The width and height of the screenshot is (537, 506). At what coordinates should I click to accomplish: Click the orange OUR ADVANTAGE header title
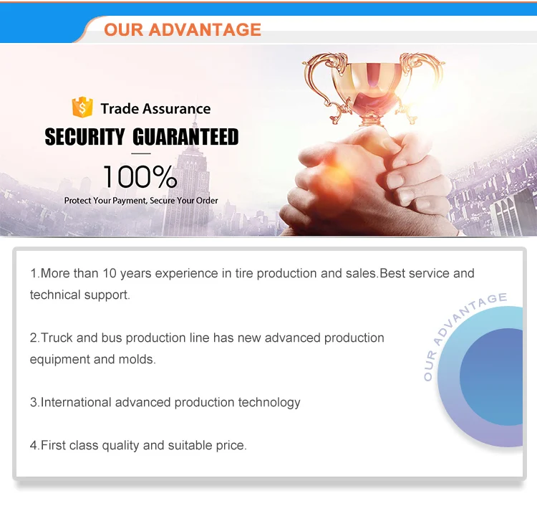pos(183,29)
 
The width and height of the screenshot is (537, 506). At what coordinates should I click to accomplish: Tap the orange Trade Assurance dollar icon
pos(82,108)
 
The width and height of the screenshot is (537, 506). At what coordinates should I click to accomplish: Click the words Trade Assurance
pos(155,109)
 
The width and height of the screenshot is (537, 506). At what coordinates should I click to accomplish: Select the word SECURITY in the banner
pos(84,137)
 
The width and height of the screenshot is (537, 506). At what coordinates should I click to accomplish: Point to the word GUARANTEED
pos(186,137)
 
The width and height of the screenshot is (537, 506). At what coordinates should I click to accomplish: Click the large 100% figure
pos(140,176)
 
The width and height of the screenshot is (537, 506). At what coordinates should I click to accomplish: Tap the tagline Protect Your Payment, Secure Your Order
pos(141,201)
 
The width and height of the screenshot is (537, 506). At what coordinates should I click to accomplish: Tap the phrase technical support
pos(79,295)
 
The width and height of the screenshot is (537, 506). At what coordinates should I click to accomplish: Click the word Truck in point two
pos(57,338)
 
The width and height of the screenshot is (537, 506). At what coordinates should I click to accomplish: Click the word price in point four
pos(231,445)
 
